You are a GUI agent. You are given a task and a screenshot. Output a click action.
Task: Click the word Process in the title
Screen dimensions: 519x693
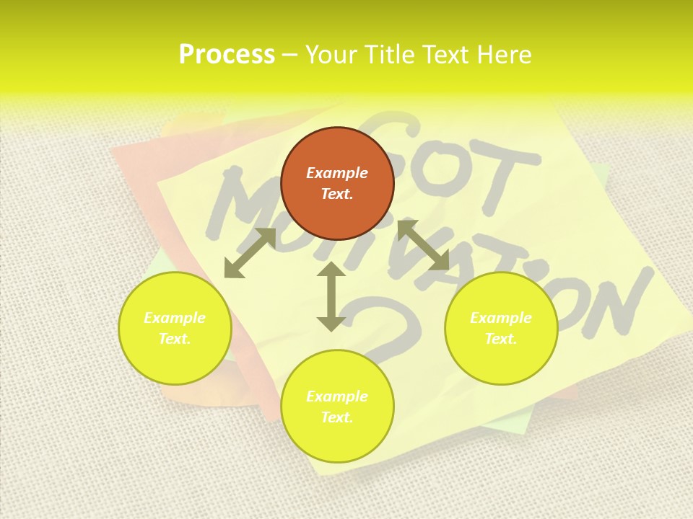tap(227, 55)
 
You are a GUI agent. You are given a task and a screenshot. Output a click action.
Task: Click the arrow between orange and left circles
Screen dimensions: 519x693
tap(250, 253)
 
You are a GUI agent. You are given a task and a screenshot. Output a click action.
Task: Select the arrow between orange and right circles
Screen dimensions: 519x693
tap(424, 246)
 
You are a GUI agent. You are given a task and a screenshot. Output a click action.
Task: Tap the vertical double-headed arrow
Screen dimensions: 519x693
tap(331, 297)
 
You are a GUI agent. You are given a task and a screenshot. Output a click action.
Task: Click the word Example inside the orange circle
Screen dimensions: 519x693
tap(337, 173)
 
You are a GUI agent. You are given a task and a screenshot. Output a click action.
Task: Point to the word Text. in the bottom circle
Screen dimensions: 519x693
tap(337, 417)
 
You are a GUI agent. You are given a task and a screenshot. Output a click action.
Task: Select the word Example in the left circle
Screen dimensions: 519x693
tap(175, 318)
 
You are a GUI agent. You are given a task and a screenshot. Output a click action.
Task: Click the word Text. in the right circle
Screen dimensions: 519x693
tap(501, 339)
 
